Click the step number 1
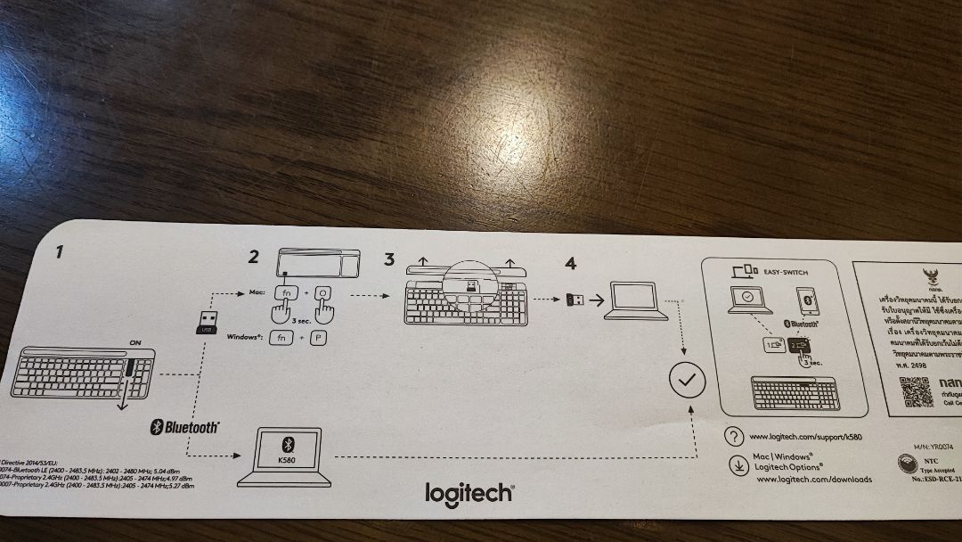pyautogui.click(x=59, y=252)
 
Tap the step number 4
pyautogui.click(x=570, y=263)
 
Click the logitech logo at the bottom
pyautogui.click(x=469, y=493)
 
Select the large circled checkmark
pyautogui.click(x=686, y=382)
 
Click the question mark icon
pyautogui.click(x=734, y=437)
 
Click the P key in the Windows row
pyautogui.click(x=318, y=339)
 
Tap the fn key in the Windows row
pyautogui.click(x=282, y=339)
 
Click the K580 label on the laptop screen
pyautogui.click(x=287, y=461)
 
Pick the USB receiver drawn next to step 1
pyautogui.click(x=206, y=323)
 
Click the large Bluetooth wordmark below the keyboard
pyautogui.click(x=184, y=427)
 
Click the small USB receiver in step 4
pyautogui.click(x=575, y=300)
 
